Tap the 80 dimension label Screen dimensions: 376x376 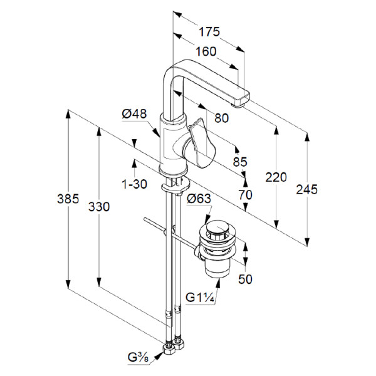click(221, 117)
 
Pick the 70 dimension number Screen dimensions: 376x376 click(244, 195)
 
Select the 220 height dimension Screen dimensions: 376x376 click(276, 177)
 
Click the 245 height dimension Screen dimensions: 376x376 click(308, 189)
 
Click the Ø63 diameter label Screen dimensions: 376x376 click(200, 200)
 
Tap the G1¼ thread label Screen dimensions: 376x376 click(200, 298)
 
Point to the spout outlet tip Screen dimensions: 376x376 click(240, 102)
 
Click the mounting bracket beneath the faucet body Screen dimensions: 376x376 click(173, 185)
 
